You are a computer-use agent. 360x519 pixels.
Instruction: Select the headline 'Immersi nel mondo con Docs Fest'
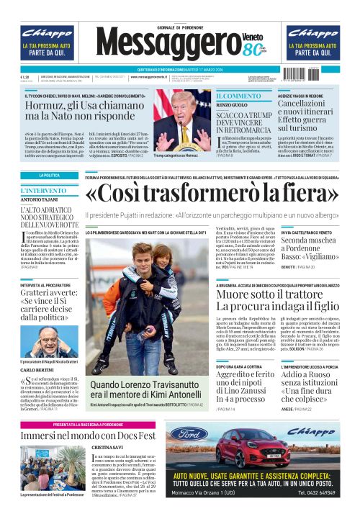point(89,436)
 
